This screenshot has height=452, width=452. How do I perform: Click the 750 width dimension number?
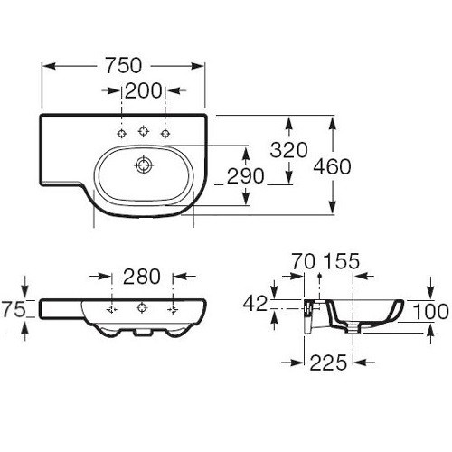pyautogui.click(x=123, y=65)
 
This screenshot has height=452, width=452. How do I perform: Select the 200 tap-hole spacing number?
pyautogui.click(x=144, y=90)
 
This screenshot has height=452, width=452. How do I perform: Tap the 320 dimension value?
pyautogui.click(x=288, y=150)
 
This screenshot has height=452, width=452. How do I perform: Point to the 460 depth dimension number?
pyautogui.click(x=332, y=166)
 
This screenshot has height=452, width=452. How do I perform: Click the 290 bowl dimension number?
pyautogui.click(x=245, y=176)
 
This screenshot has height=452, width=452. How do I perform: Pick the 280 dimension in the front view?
pyautogui.click(x=142, y=277)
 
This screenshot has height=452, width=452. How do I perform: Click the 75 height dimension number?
pyautogui.click(x=14, y=309)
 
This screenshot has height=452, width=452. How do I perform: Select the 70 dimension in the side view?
pyautogui.click(x=304, y=261)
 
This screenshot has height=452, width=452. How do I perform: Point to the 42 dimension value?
pyautogui.click(x=255, y=303)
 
